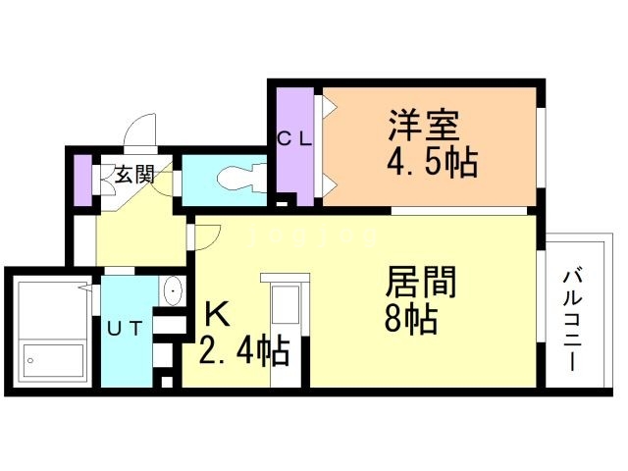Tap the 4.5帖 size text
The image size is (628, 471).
(431, 162)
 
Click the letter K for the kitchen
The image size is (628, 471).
(217, 315)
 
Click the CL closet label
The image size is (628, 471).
(293, 138)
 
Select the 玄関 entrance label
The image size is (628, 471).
(134, 176)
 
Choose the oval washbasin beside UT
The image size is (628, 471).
(173, 291)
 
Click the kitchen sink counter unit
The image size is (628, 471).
(286, 307)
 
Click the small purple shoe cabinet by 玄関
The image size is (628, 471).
(82, 176)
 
